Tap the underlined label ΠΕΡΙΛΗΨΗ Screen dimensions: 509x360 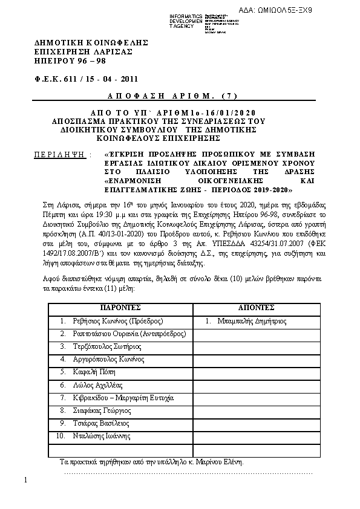pos(61,155)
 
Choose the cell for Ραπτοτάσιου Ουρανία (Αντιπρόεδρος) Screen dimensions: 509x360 pos(129,334)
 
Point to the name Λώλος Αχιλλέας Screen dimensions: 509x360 pos(97,384)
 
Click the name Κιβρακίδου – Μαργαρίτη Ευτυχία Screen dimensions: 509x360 pos(123,398)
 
